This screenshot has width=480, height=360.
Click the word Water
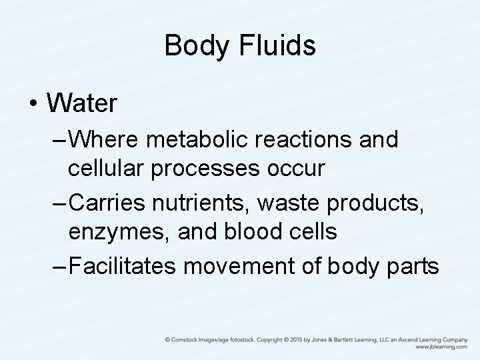pyautogui.click(x=82, y=103)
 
